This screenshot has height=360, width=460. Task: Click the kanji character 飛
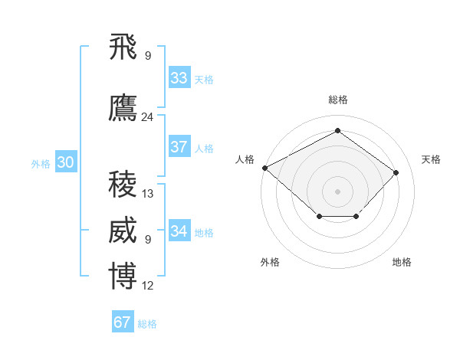pos(123,47)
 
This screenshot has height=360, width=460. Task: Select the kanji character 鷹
pos(123,110)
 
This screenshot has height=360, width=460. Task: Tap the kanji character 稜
pos(123,185)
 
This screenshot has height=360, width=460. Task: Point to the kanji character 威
pos(123,231)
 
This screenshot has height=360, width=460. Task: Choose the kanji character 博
pos(123,277)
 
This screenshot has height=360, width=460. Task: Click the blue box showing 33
pos(179,78)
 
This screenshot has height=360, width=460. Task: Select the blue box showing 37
pos(179,148)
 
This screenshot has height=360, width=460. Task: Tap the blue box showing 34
pos(179,231)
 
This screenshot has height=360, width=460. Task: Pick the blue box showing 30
pos(65,162)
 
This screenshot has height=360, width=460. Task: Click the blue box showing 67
pos(123,322)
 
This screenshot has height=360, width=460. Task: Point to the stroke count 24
pos(148,117)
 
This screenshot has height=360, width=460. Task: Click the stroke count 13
pos(148,194)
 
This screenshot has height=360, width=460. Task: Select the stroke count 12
pos(148,286)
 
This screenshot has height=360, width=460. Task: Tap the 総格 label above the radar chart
pos(337,100)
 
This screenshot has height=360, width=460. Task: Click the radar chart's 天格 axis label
pos(431,159)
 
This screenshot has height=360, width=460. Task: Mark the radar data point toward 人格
pos(264,168)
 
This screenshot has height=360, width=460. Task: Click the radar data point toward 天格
pos(396,172)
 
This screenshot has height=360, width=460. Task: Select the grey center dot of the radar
pos(337,191)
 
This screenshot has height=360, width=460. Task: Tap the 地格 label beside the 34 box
pos(204,232)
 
